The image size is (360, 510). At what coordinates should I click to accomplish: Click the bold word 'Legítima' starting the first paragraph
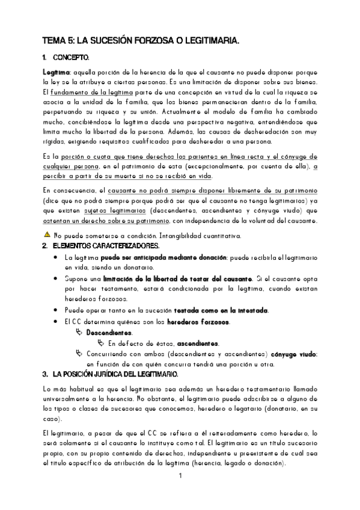click(x=55, y=72)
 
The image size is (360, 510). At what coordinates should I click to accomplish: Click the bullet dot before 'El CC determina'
click(x=56, y=321)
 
